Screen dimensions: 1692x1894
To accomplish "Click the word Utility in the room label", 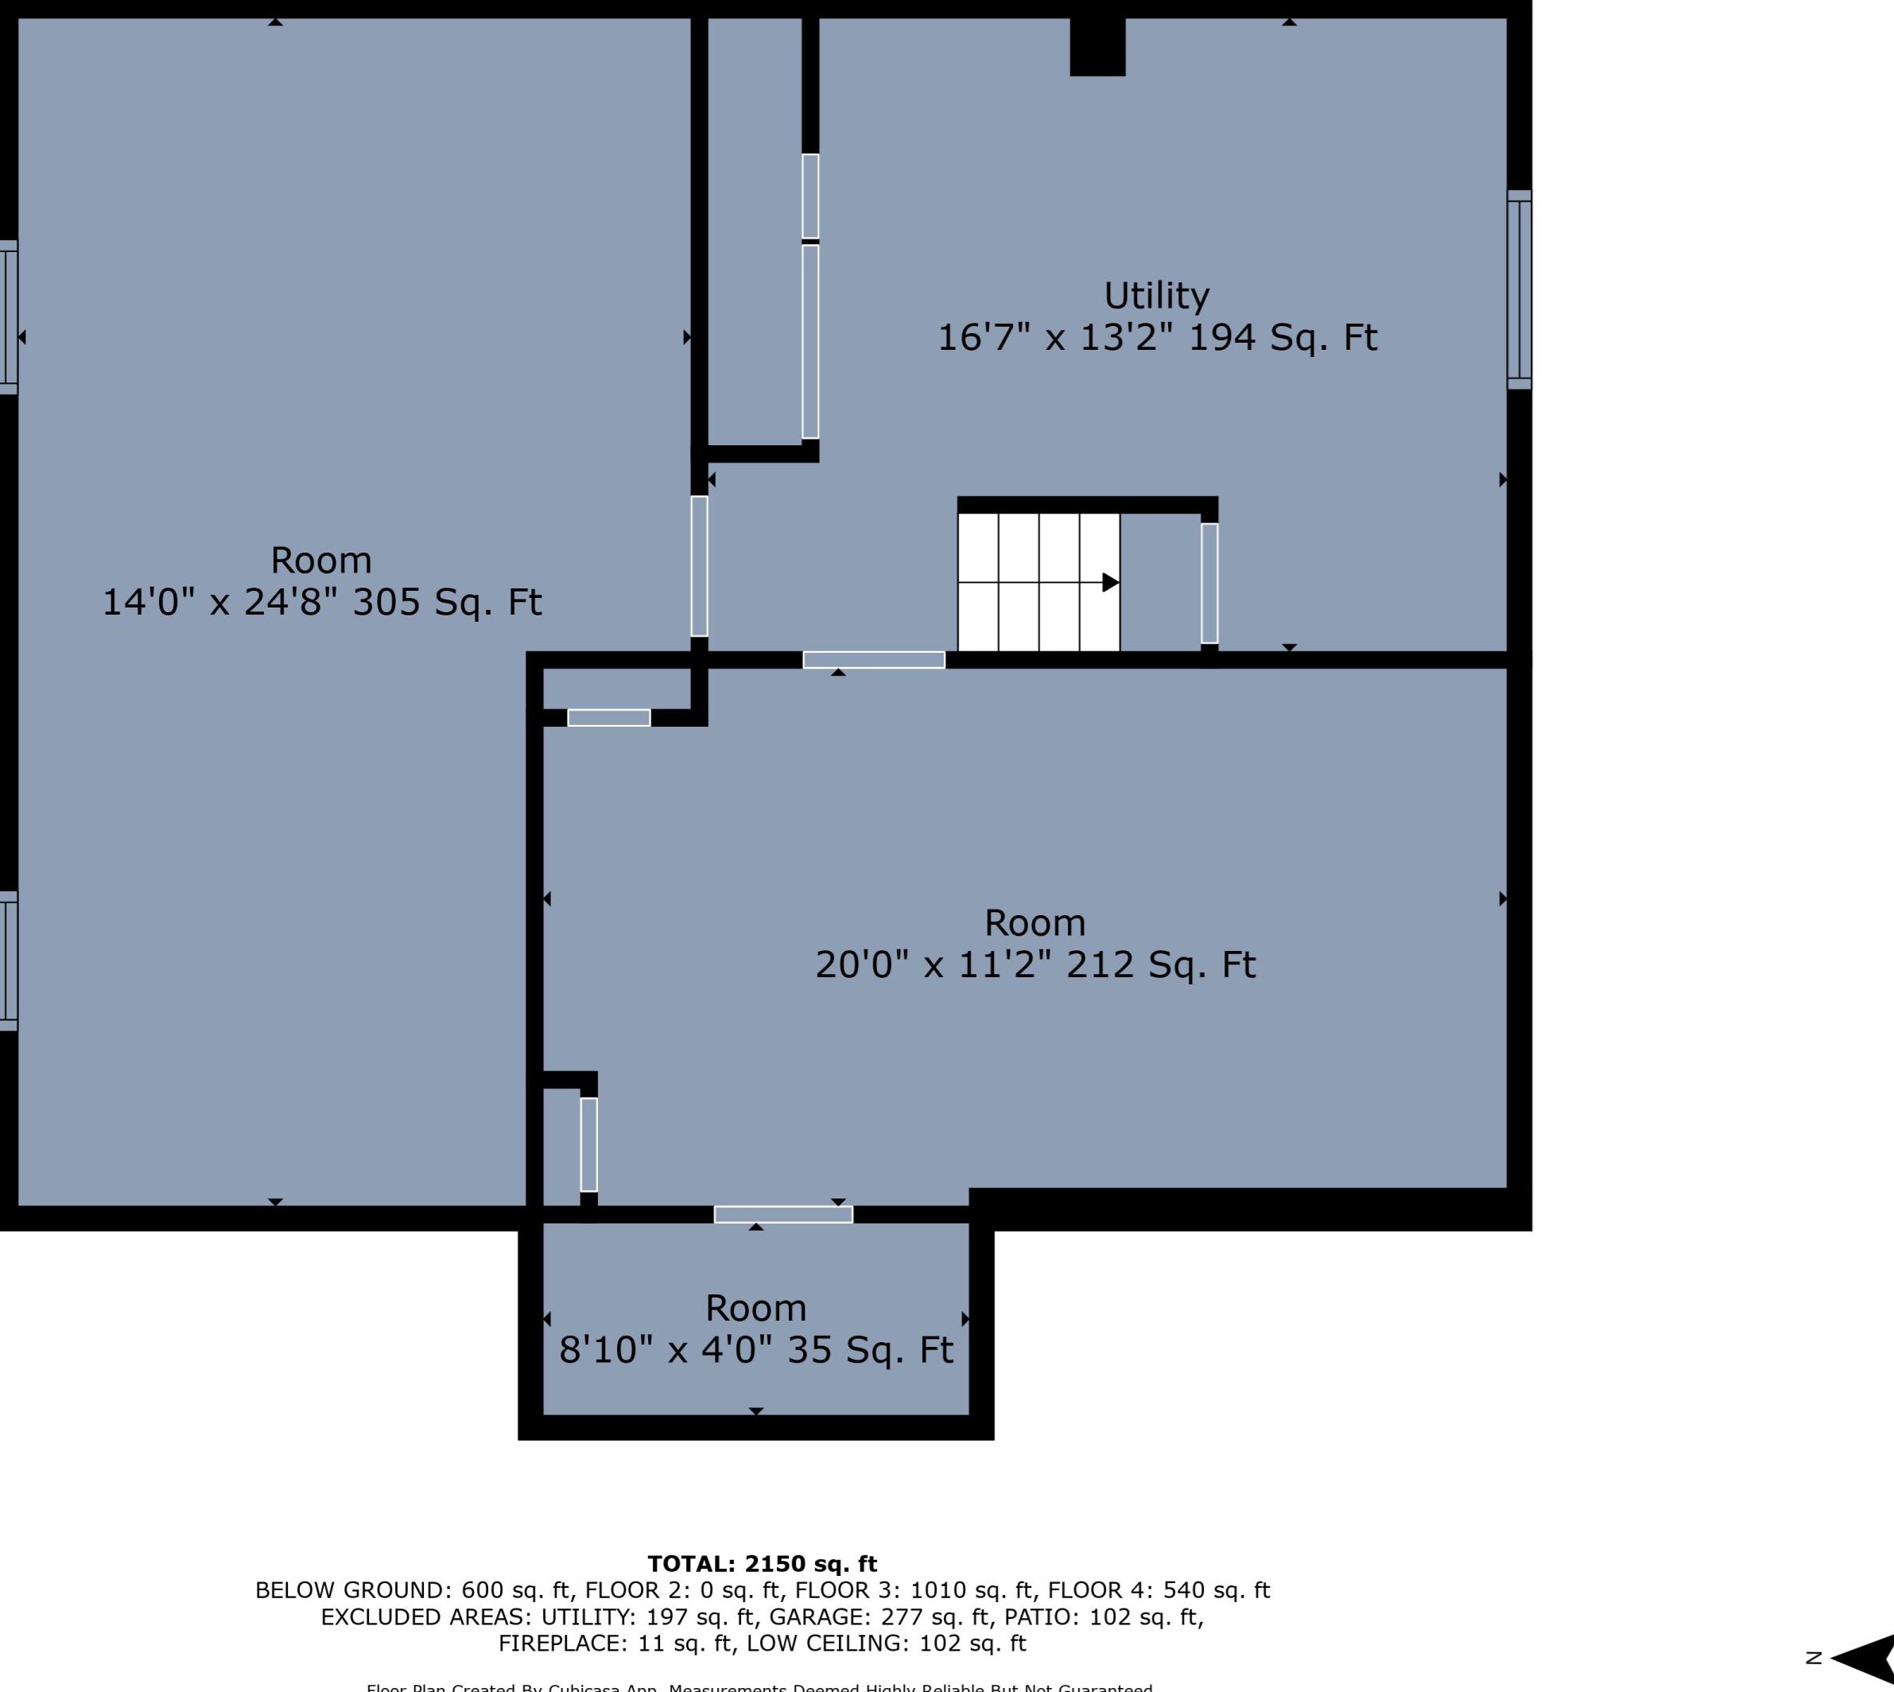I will [x=1156, y=297].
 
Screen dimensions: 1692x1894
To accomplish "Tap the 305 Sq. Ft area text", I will [x=447, y=603].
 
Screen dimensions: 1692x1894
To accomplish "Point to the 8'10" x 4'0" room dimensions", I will [x=665, y=1350].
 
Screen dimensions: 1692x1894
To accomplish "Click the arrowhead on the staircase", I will [x=1110, y=583].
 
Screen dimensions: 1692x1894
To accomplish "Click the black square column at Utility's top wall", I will [x=1097, y=46].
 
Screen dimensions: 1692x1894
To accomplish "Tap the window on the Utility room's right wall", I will [x=1519, y=289].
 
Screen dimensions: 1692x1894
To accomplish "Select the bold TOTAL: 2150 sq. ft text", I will [x=762, y=1564].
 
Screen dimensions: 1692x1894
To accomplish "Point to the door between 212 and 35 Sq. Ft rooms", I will [x=783, y=1214].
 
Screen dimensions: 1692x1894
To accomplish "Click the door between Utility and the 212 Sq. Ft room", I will [x=873, y=660].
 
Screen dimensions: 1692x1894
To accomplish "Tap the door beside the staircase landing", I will [x=1209, y=583].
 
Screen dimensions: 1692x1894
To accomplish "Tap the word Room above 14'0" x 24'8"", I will [x=320, y=561].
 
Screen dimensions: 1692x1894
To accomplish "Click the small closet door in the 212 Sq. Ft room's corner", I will [x=588, y=1144].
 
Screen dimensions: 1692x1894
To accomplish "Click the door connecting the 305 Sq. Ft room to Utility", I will [x=699, y=566].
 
